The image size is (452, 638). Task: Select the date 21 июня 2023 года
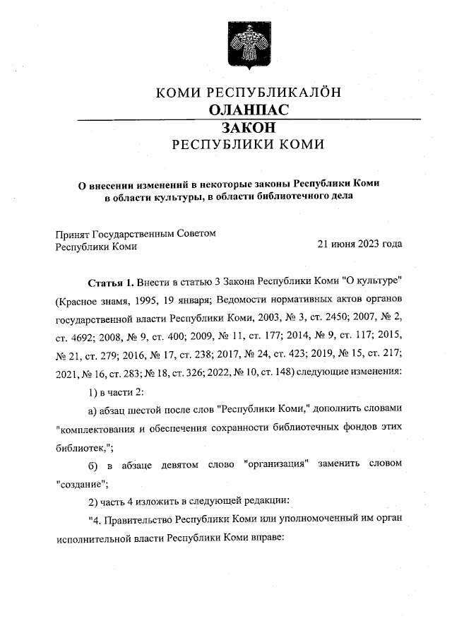tap(360, 244)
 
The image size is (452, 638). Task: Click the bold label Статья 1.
tap(110, 282)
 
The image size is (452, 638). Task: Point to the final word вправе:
tap(265, 538)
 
